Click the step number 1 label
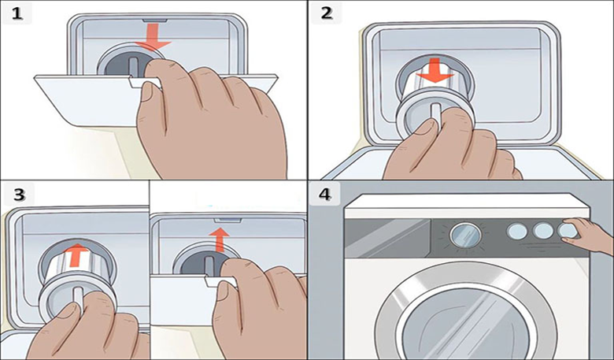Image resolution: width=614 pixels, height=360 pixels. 17,14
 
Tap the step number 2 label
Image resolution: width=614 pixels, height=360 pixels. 326,13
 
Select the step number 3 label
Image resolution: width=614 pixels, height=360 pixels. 19,195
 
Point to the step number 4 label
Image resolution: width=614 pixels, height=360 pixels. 324,195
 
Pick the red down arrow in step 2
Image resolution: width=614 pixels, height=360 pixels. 435,71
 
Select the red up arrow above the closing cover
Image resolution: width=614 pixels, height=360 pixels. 219,239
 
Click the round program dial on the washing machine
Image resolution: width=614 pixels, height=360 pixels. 465,235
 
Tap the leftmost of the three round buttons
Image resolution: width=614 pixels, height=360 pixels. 517,232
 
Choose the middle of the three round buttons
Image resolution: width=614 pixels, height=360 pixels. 542,231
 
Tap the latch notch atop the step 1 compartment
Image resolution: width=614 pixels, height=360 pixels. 154,20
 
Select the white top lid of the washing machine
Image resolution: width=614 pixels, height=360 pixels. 467,206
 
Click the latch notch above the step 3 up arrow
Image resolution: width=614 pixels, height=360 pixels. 227,221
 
